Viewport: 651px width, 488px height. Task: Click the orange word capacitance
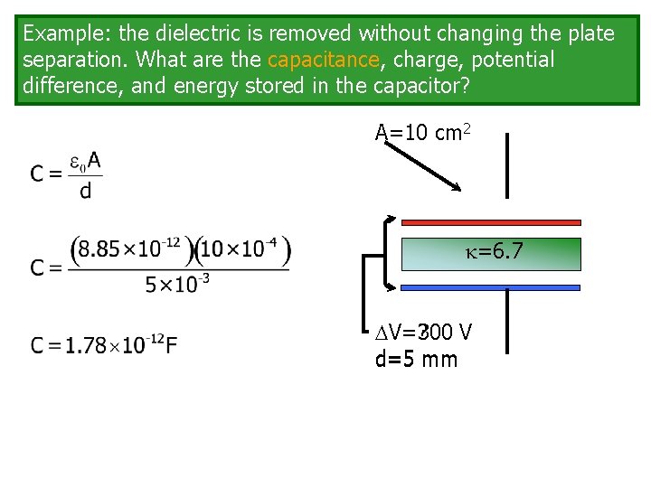323,61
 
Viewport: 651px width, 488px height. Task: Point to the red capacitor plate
491,221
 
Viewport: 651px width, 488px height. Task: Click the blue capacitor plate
491,287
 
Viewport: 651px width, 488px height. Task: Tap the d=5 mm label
416,360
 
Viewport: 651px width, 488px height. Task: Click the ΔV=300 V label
423,333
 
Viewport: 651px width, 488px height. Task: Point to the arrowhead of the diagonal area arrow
458,187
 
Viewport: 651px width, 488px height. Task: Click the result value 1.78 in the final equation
88,345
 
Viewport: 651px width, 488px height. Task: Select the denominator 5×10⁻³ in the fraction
177,284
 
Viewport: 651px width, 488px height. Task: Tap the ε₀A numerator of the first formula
87,164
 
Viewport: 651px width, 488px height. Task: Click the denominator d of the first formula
86,191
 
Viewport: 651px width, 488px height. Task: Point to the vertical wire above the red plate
507,164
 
